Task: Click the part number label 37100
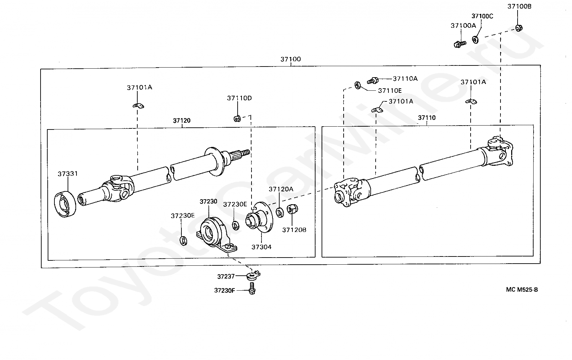[x=291, y=59]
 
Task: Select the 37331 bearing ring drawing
[x=65, y=204]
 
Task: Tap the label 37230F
[x=224, y=291]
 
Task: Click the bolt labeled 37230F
[x=252, y=288]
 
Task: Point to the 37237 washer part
[x=253, y=275]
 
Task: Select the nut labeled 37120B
[x=292, y=209]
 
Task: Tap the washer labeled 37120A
[x=280, y=212]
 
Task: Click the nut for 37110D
[x=237, y=118]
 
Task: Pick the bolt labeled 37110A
[x=373, y=81]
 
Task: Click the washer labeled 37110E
[x=358, y=85]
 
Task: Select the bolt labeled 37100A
[x=460, y=44]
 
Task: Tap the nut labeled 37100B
[x=519, y=28]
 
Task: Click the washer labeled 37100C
[x=475, y=39]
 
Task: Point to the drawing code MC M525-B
[x=522, y=290]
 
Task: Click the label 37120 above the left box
[x=181, y=121]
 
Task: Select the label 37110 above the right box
[x=427, y=118]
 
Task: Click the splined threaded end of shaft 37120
[x=240, y=154]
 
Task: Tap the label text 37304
[x=261, y=247]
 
